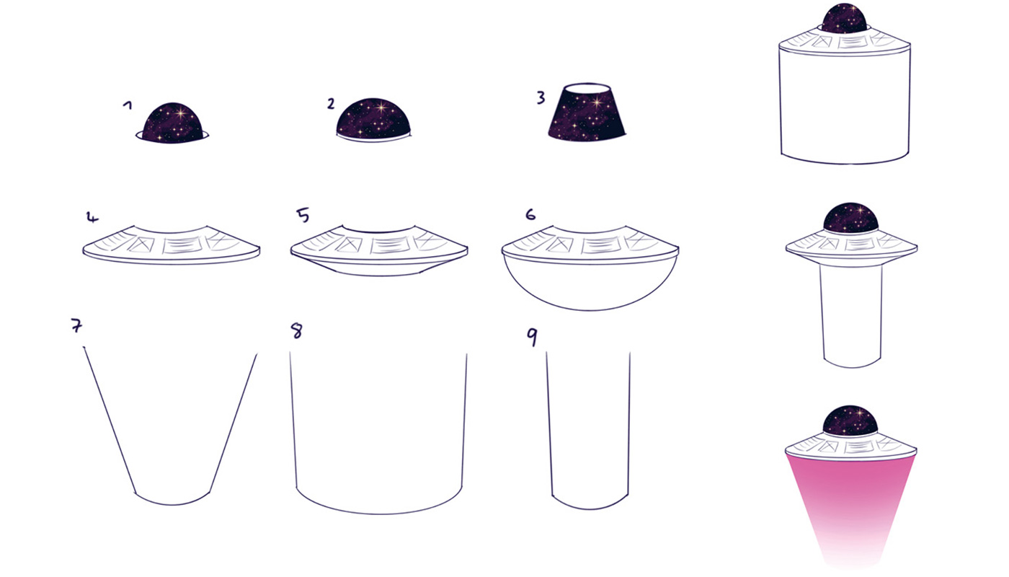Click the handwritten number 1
coord(128,105)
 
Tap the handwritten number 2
coord(331,104)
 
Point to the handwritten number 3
coord(541,97)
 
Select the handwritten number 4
coord(92,218)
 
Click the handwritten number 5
coord(303,215)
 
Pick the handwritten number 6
coord(530,215)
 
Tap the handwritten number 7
coord(76,325)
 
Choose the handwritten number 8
coord(296,331)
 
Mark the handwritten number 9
coord(532,337)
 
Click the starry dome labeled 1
coord(172,123)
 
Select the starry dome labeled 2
coord(373,118)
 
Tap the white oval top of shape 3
coord(588,88)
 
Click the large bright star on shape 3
coord(597,102)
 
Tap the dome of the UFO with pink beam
coord(850,421)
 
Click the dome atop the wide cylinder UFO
coord(844,18)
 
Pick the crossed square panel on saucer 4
coord(141,245)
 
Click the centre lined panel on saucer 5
coord(391,245)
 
